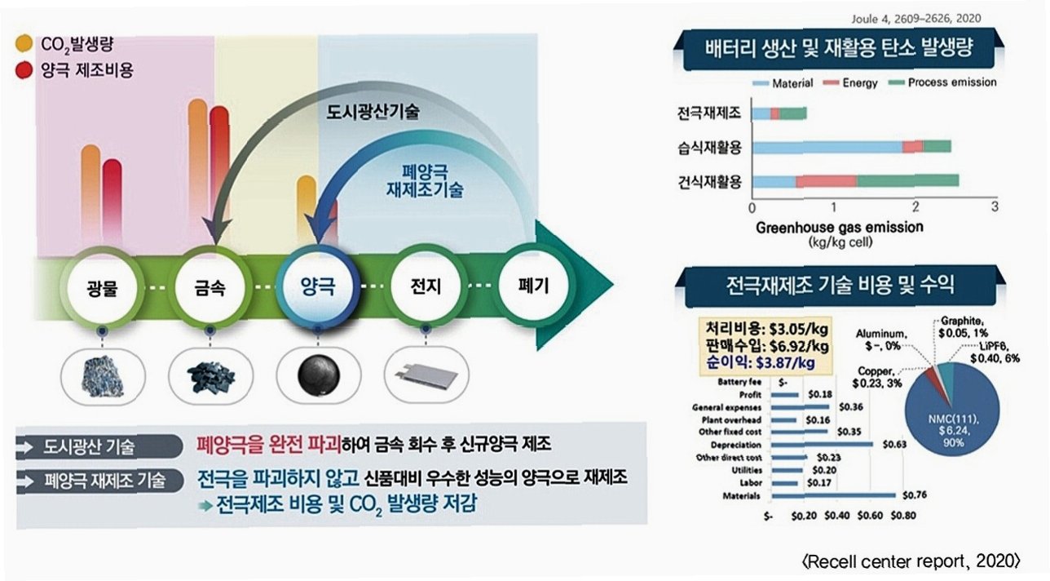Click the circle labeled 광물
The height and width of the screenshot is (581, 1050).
102,286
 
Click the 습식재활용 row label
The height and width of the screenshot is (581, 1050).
709,147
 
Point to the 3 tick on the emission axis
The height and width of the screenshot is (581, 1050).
995,207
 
